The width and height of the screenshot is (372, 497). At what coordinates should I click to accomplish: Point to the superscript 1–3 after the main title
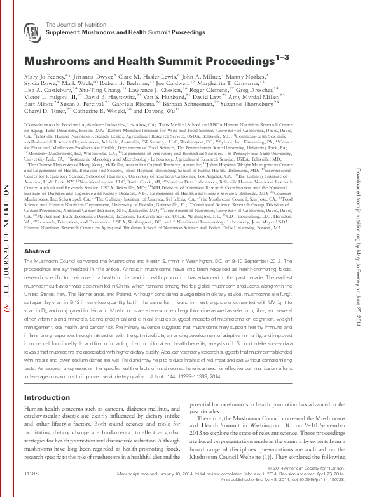click(282, 58)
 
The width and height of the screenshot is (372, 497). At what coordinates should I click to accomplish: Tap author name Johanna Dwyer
click(82, 76)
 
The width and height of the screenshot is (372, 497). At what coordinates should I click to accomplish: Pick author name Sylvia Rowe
click(39, 83)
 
